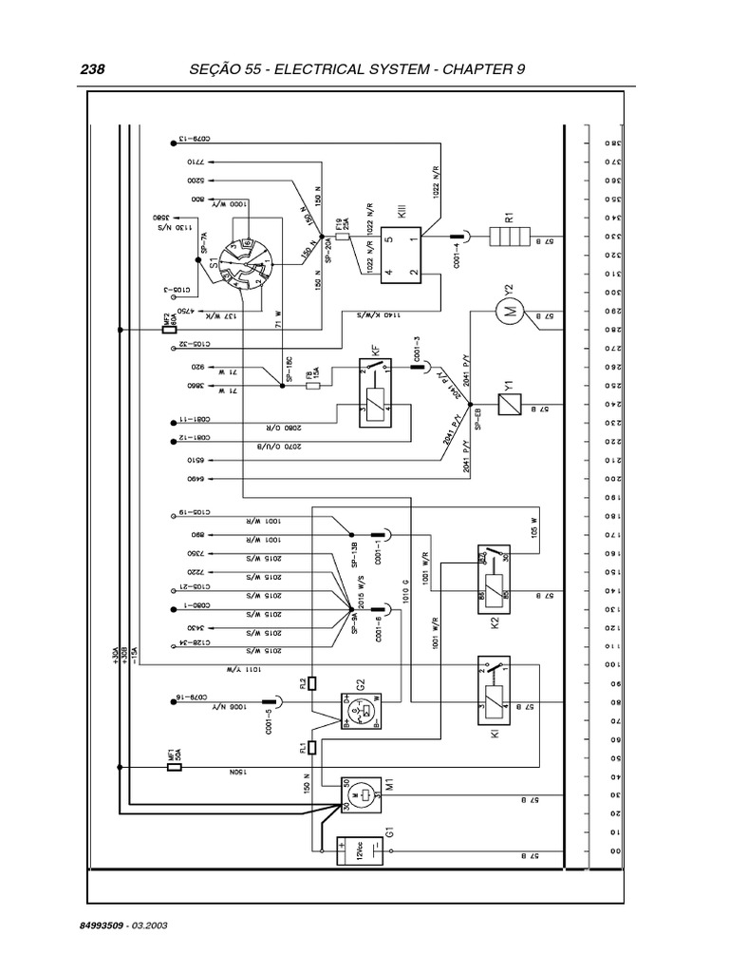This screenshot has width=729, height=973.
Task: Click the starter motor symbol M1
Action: [361, 794]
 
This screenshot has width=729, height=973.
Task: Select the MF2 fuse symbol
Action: [167, 328]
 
